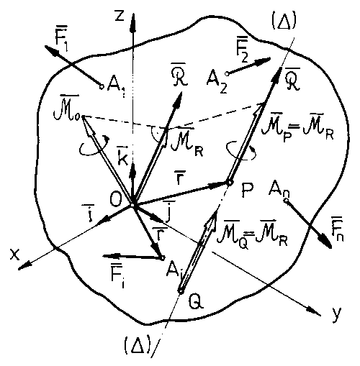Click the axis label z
[120, 17]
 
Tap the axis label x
[14, 255]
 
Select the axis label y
[336, 314]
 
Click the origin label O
[117, 200]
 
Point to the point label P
[247, 191]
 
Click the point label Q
[196, 301]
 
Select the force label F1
[61, 42]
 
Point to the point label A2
[217, 79]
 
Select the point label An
[279, 189]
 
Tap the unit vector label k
[123, 157]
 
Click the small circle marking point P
[229, 183]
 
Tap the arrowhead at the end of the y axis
[315, 311]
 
